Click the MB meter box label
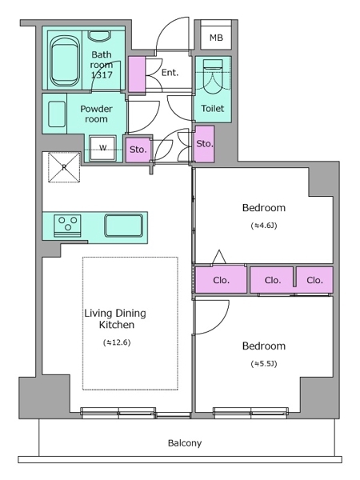pyautogui.click(x=216, y=38)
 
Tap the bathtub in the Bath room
pyautogui.click(x=65, y=62)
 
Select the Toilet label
pyautogui.click(x=213, y=108)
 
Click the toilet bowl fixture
pyautogui.click(x=213, y=77)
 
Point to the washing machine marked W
pyautogui.click(x=102, y=148)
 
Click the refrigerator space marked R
pyautogui.click(x=64, y=167)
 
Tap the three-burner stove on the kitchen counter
pyautogui.click(x=68, y=226)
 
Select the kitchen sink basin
pyautogui.click(x=124, y=226)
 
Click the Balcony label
pyautogui.click(x=185, y=443)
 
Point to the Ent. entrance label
pyautogui.click(x=170, y=73)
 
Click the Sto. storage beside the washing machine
pyautogui.click(x=138, y=150)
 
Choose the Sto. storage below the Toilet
pyautogui.click(x=205, y=143)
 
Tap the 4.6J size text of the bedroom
pyautogui.click(x=264, y=226)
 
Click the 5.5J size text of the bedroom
pyautogui.click(x=264, y=364)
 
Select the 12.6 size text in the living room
pyautogui.click(x=117, y=342)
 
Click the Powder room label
pyautogui.click(x=96, y=114)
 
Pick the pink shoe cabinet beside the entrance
pyautogui.click(x=137, y=74)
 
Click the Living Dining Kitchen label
pyautogui.click(x=115, y=318)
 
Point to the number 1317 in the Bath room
pyautogui.click(x=102, y=74)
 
